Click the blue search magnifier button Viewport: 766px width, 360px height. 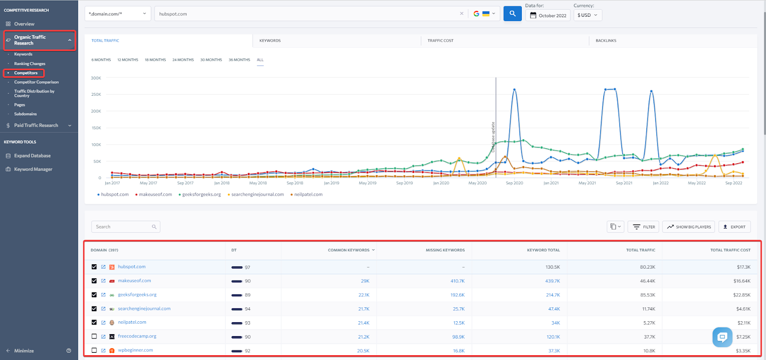tap(512, 14)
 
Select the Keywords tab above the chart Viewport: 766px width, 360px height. tap(270, 41)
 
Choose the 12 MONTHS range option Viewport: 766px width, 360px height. tap(128, 60)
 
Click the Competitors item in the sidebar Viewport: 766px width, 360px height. tap(26, 73)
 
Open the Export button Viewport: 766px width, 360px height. tap(734, 227)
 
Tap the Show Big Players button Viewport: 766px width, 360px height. tap(689, 227)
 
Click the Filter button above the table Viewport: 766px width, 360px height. tap(644, 227)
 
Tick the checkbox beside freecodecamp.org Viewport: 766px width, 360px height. tap(94, 337)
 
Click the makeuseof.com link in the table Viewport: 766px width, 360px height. tap(135, 281)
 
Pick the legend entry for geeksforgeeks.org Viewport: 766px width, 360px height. tap(201, 194)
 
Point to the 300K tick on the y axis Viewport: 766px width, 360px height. tap(96, 78)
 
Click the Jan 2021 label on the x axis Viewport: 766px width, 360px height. tap(551, 183)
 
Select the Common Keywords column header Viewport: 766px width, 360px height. tap(349, 250)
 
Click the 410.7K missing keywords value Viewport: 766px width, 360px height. tap(457, 281)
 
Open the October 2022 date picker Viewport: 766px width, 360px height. tap(548, 15)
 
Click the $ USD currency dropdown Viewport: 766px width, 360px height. tap(587, 15)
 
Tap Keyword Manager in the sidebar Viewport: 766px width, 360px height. tap(33, 169)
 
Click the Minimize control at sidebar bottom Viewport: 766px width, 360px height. tap(23, 351)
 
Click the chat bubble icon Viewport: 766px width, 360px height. tap(722, 337)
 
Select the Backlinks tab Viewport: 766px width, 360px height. tap(606, 41)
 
